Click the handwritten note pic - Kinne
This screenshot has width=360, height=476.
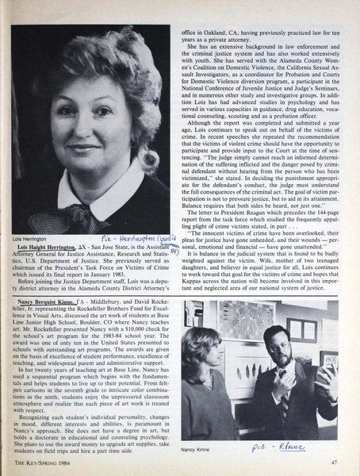(x=287, y=446)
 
